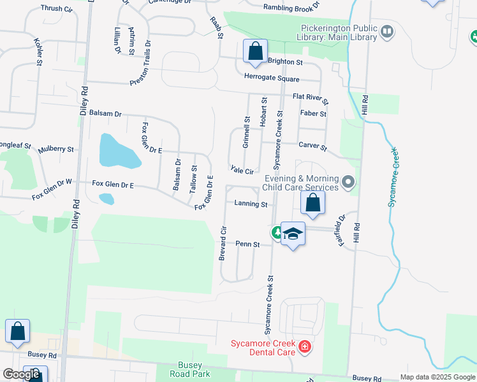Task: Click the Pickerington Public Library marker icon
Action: (x=386, y=31)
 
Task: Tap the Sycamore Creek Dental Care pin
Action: (x=305, y=347)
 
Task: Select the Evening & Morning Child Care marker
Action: (x=348, y=183)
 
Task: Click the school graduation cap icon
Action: (x=293, y=234)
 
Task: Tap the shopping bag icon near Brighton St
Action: (x=255, y=51)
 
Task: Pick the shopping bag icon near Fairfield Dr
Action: (x=312, y=204)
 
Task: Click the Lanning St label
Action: (x=251, y=204)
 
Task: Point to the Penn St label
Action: (x=247, y=244)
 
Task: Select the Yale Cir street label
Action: (x=242, y=171)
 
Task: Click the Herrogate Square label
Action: (x=272, y=78)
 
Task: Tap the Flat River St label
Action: (x=311, y=99)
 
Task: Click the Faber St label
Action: (x=312, y=114)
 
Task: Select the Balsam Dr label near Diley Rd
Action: (x=105, y=113)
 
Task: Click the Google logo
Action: (x=21, y=374)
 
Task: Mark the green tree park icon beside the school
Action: (x=277, y=232)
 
